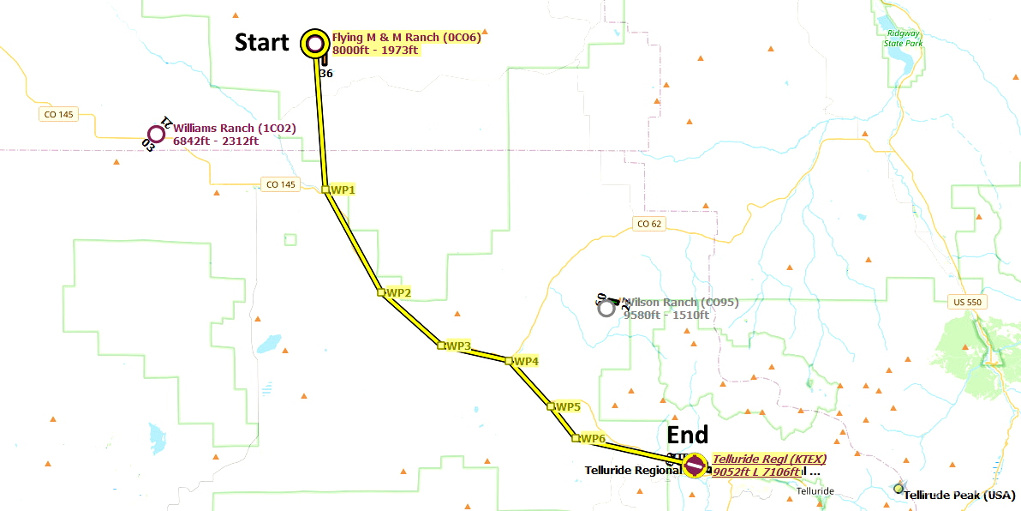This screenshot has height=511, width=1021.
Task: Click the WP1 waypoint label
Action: pyautogui.click(x=343, y=189)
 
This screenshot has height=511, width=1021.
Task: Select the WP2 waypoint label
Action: pyautogui.click(x=398, y=292)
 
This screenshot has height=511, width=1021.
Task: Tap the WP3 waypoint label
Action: pyautogui.click(x=458, y=346)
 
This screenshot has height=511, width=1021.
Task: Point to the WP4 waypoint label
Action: pyautogui.click(x=525, y=362)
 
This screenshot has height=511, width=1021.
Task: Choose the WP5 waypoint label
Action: pyautogui.click(x=568, y=406)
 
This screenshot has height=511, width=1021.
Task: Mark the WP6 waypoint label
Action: pyautogui.click(x=593, y=439)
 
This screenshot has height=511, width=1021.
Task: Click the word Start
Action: pyautogui.click(x=262, y=43)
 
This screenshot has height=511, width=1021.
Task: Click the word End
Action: pyautogui.click(x=688, y=436)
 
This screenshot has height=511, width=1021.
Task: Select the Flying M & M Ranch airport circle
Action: pyautogui.click(x=314, y=43)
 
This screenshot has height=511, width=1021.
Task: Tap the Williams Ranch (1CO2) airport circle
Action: pyautogui.click(x=156, y=134)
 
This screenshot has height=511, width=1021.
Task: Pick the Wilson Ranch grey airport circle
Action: pyautogui.click(x=606, y=308)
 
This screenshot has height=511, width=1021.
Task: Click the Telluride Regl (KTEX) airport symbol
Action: pyautogui.click(x=695, y=466)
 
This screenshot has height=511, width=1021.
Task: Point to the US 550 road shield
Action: pyautogui.click(x=969, y=302)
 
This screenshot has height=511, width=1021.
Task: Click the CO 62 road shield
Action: pyautogui.click(x=649, y=225)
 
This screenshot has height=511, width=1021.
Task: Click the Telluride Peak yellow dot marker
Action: pyautogui.click(x=898, y=489)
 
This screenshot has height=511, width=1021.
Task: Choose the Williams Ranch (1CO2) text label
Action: pyautogui.click(x=234, y=129)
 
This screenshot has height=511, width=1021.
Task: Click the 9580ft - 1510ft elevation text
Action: pyautogui.click(x=666, y=315)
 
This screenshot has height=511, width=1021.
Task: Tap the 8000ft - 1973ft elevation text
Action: pyautogui.click(x=375, y=50)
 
